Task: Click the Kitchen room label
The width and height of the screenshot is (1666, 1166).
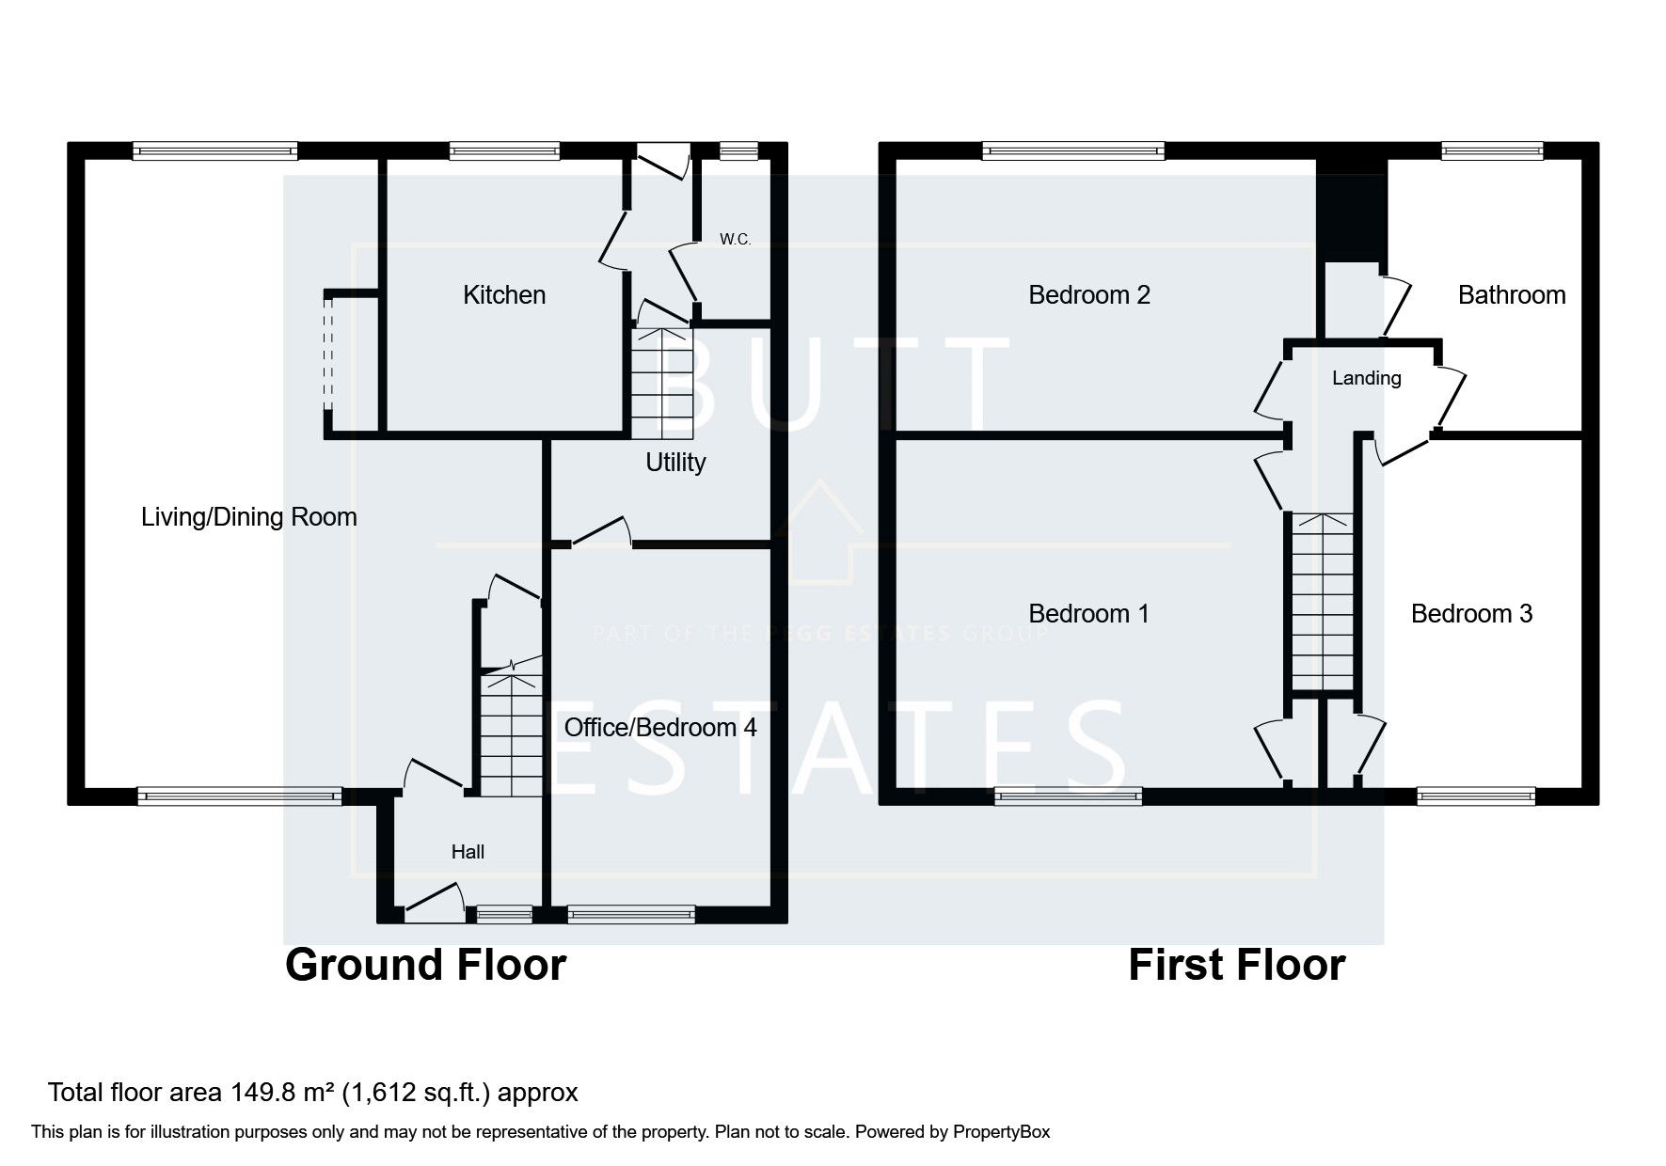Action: [504, 295]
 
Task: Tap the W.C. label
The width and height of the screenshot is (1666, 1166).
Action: [735, 240]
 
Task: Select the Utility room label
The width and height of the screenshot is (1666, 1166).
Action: [674, 463]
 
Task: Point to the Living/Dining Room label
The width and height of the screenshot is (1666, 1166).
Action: [248, 517]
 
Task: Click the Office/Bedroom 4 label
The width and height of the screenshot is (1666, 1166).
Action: [659, 728]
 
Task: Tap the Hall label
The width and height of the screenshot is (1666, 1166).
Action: [468, 852]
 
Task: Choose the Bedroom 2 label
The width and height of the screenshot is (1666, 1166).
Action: [1088, 295]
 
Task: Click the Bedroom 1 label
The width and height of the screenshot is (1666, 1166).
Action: [1088, 614]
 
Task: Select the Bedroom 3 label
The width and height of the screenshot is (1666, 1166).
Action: [1471, 614]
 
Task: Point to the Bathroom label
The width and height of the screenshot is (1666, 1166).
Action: [1511, 295]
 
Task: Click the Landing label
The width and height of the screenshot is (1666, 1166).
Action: [1366, 378]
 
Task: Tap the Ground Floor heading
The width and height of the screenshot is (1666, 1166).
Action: [425, 966]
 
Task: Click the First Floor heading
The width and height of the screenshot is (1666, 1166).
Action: [1236, 966]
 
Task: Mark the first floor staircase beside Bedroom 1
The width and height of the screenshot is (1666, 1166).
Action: [1322, 602]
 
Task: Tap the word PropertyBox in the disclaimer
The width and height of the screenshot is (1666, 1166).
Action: [1001, 1132]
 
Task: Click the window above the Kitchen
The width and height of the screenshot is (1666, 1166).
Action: [504, 150]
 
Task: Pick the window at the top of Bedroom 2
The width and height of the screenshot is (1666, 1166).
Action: [1072, 150]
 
